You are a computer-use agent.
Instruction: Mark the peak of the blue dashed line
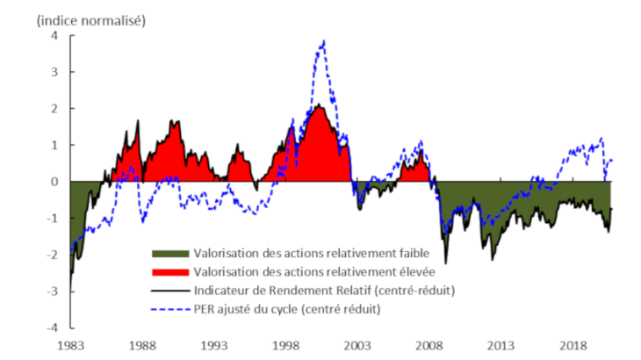click(324, 40)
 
